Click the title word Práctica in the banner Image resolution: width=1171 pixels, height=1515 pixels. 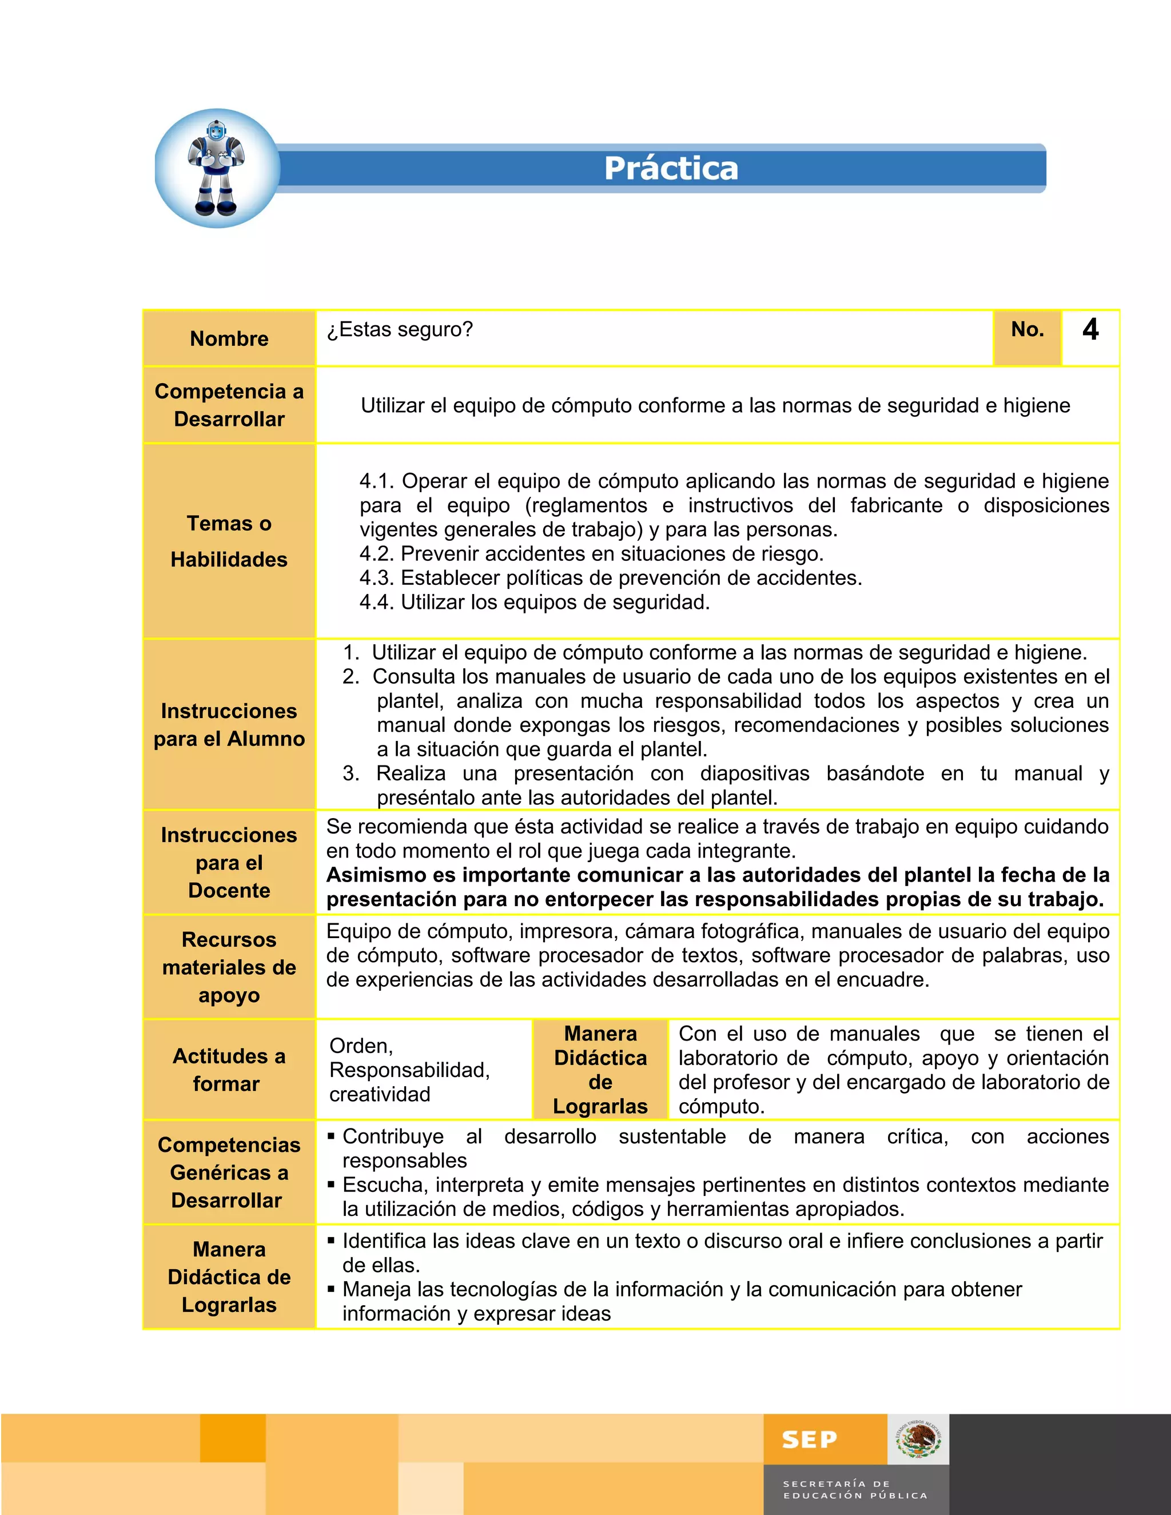tap(671, 169)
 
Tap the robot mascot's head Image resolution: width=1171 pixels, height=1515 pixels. tap(217, 130)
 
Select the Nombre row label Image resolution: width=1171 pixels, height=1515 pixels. tap(229, 338)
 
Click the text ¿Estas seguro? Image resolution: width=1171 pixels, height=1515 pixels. tap(400, 329)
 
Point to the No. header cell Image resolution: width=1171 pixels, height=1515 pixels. tap(1027, 329)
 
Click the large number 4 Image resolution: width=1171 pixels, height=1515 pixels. tap(1090, 329)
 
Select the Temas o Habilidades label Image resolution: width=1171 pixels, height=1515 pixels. tap(229, 541)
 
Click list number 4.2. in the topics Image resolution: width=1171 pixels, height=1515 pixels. tap(377, 553)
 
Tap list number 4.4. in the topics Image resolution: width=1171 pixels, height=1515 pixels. tap(377, 602)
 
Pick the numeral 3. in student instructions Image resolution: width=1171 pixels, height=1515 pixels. tap(351, 774)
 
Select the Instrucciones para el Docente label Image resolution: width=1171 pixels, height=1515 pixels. tap(229, 862)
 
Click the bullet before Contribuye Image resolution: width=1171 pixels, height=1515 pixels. tap(331, 1137)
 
